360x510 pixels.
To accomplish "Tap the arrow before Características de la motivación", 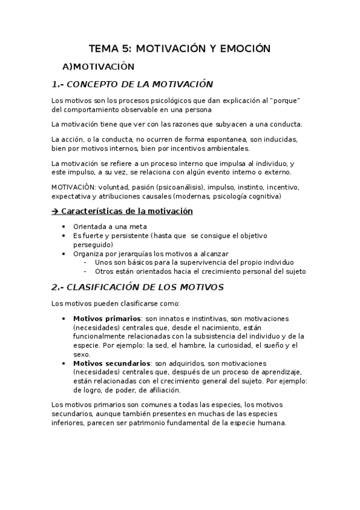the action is point(55,211).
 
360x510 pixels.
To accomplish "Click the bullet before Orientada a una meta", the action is point(65,226).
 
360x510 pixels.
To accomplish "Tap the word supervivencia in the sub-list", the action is point(204,262).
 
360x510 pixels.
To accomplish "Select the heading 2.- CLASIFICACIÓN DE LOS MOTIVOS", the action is point(138,287).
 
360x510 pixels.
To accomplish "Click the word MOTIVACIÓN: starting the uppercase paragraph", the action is point(73,187).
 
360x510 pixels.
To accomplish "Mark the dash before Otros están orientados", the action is point(86,271).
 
